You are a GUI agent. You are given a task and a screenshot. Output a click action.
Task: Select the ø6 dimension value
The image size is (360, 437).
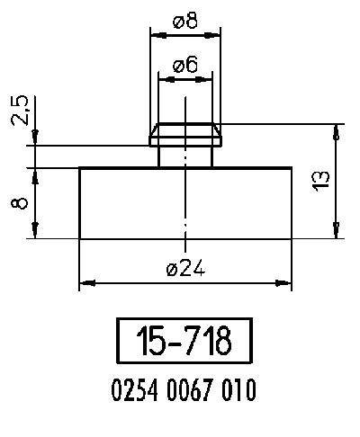click(x=184, y=64)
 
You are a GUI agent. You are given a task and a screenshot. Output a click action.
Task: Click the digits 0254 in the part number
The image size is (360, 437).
click(x=132, y=391)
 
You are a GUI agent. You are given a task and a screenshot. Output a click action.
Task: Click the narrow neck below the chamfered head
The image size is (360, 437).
click(x=185, y=156)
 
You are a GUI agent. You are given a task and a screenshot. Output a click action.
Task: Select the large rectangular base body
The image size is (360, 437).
click(x=185, y=202)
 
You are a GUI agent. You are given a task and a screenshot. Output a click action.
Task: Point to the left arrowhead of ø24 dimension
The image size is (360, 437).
click(x=85, y=284)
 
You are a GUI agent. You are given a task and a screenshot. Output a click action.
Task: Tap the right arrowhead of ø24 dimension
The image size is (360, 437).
click(x=285, y=284)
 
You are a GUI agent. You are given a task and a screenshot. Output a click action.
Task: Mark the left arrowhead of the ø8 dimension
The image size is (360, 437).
click(x=155, y=36)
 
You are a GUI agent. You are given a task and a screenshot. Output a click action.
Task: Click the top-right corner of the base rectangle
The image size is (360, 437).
click(x=291, y=167)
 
